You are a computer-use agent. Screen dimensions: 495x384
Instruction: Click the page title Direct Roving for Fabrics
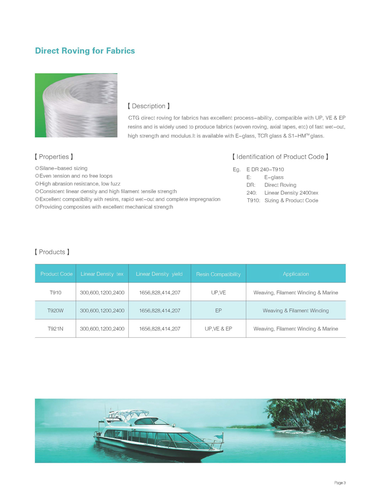(x=85, y=51)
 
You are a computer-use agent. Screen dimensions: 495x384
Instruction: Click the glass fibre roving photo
(x=76, y=105)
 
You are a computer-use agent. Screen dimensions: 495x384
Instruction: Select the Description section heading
(x=148, y=106)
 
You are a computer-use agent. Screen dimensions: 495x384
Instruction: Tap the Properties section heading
(x=53, y=157)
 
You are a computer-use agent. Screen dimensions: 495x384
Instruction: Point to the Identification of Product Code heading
(x=280, y=157)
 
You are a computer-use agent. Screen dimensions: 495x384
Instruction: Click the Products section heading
(x=52, y=252)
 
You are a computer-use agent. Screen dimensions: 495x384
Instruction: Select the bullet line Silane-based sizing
(x=61, y=168)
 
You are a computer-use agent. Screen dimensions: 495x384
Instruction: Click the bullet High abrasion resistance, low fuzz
(x=78, y=183)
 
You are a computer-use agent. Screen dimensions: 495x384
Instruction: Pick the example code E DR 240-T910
(x=265, y=170)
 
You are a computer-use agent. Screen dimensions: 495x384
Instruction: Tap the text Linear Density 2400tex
(x=291, y=193)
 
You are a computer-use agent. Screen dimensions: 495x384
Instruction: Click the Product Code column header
(x=56, y=274)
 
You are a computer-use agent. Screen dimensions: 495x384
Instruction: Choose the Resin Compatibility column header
(x=218, y=274)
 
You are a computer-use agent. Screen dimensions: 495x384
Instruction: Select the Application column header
(x=296, y=274)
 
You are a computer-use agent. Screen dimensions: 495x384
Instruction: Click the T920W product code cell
(x=56, y=311)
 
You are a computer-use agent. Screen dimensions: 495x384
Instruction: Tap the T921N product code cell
(x=56, y=329)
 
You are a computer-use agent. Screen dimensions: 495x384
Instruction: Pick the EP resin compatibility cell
(x=218, y=311)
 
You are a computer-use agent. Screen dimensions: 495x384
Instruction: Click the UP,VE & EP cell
(x=218, y=329)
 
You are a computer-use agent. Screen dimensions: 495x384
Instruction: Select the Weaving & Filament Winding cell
(x=296, y=311)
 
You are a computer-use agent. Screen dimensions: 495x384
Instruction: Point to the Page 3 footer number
(x=339, y=483)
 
